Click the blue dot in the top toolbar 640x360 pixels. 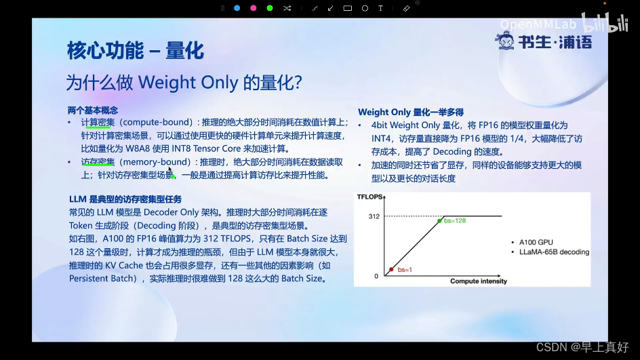tap(237, 8)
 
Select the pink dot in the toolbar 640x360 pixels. tap(253, 8)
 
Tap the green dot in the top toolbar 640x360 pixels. tap(269, 8)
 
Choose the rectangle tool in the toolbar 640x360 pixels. tap(347, 8)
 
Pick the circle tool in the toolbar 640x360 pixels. tap(365, 8)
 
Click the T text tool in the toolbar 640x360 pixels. tap(380, 8)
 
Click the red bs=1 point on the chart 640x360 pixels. tap(391, 269)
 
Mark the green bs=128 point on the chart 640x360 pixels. tap(439, 221)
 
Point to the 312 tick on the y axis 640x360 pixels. tap(374, 216)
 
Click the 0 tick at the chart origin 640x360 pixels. tap(376, 277)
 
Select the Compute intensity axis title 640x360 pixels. tap(479, 281)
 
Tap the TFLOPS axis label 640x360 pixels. tap(369, 197)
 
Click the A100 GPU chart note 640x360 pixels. tap(536, 242)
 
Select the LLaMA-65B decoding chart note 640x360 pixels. tap(555, 252)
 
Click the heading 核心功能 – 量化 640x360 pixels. tap(136, 51)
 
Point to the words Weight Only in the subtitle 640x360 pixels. tap(188, 83)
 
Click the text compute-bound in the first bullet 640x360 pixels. tap(157, 122)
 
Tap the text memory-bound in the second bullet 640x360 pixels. tap(157, 162)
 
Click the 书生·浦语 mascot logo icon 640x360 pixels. tap(505, 41)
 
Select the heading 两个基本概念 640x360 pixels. tap(93, 111)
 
